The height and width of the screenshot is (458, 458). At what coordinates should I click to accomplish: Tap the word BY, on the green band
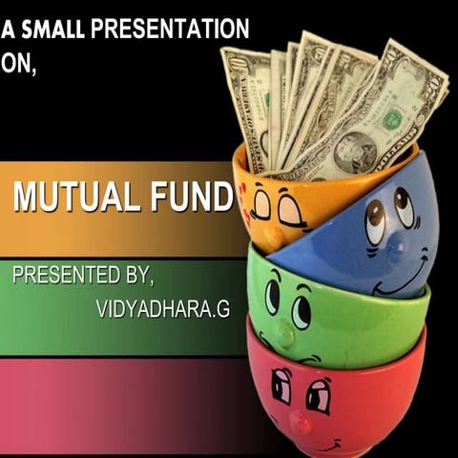coord(134,276)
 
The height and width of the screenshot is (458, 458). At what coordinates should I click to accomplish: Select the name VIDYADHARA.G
coord(154,310)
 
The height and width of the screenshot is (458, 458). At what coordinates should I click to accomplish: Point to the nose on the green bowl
coord(284,332)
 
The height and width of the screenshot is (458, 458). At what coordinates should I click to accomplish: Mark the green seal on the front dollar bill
coord(392,119)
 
